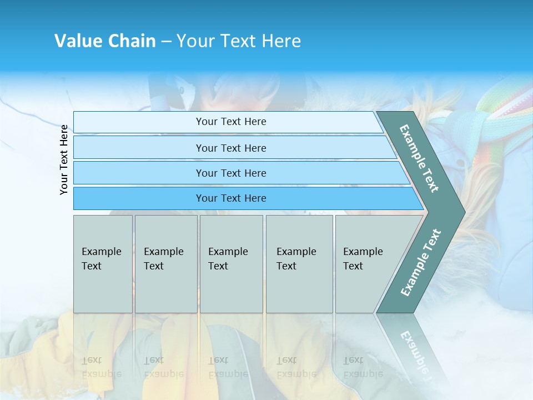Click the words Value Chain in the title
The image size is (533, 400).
point(105,41)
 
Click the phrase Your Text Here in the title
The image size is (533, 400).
point(239,41)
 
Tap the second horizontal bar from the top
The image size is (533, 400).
point(231,148)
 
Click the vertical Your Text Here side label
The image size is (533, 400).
point(64,159)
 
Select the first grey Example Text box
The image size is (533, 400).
point(103,263)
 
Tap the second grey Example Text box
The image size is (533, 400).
point(165,263)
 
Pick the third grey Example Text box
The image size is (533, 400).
point(231,263)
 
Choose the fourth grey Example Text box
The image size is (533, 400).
point(299,263)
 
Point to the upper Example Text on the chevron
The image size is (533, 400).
point(419,159)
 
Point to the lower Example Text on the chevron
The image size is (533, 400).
point(421,262)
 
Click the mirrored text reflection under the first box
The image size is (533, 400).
point(102,367)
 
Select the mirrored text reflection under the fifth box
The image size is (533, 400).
point(363,367)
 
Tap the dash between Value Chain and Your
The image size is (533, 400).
point(166,42)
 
